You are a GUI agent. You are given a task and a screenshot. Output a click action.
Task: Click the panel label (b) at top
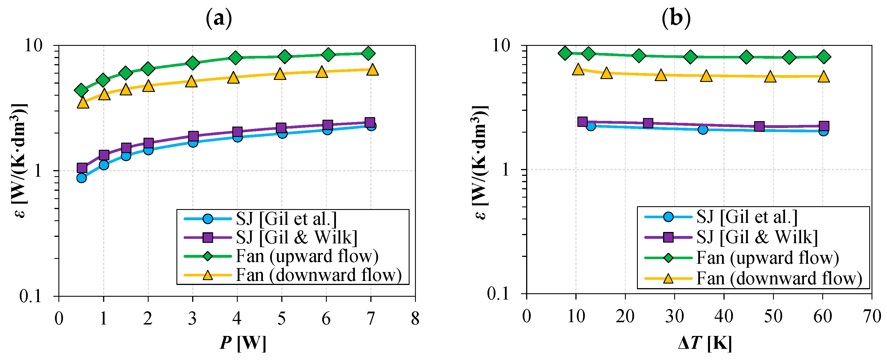pyautogui.click(x=676, y=18)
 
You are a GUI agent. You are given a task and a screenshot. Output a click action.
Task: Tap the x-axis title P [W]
pyautogui.click(x=243, y=343)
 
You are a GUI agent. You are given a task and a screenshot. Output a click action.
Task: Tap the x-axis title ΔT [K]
pyautogui.click(x=705, y=343)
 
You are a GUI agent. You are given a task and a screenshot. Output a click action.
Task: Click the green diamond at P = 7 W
pyautogui.click(x=368, y=53)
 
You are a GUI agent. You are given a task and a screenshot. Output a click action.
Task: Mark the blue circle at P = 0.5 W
pyautogui.click(x=82, y=178)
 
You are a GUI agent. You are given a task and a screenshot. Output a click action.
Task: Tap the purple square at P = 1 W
pyautogui.click(x=104, y=155)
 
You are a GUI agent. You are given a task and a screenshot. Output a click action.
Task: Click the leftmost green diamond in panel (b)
pyautogui.click(x=565, y=53)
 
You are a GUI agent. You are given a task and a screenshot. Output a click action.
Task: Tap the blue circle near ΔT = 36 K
pyautogui.click(x=703, y=130)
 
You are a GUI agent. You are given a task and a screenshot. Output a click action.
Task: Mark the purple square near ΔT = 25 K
pyautogui.click(x=648, y=123)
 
